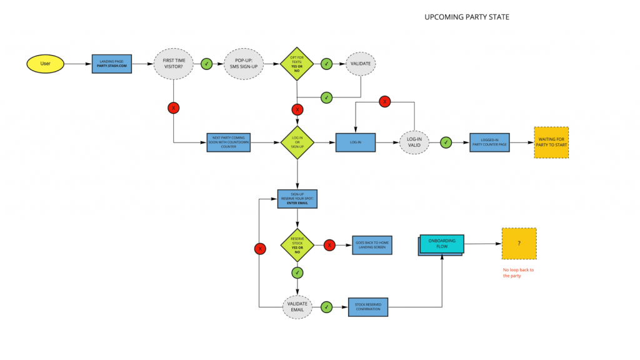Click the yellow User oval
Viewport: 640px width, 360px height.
[46, 63]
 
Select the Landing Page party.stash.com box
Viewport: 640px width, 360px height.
[112, 63]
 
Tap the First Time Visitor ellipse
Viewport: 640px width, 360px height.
[173, 63]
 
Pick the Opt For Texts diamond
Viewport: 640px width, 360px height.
[297, 63]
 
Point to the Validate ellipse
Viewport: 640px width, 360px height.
[361, 63]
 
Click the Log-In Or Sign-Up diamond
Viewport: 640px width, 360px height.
[297, 142]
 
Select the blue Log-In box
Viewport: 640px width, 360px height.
[356, 142]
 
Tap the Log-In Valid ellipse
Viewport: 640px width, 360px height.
[414, 142]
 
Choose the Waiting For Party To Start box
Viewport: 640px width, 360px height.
[551, 142]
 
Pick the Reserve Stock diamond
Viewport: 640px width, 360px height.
[297, 245]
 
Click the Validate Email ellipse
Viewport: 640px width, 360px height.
[297, 307]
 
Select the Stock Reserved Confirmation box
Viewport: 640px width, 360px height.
[368, 307]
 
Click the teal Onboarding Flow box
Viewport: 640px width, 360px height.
[441, 244]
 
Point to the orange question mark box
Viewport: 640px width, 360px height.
[519, 244]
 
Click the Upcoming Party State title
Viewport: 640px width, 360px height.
[466, 17]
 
